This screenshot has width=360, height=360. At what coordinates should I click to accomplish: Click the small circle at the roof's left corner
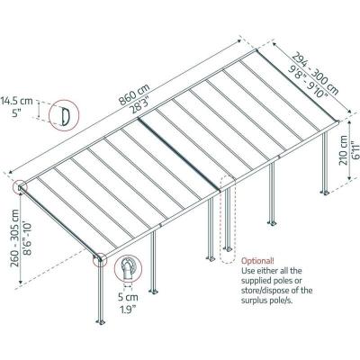pyautogui.click(x=20, y=188)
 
